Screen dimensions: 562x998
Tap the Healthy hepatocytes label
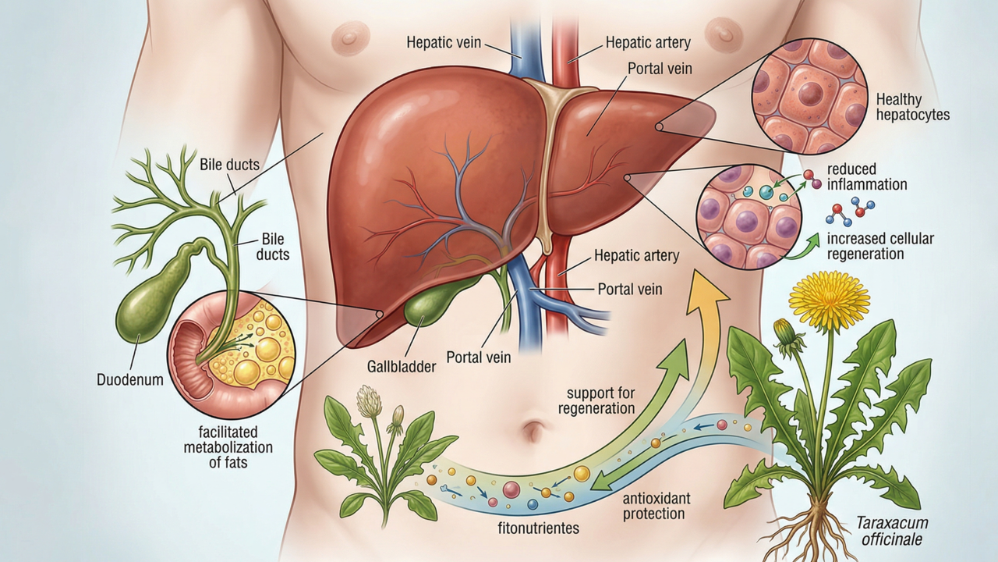tap(912, 107)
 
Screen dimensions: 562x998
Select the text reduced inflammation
tap(867, 177)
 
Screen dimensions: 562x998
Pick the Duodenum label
tap(130, 380)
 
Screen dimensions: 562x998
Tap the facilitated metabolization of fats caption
tap(228, 448)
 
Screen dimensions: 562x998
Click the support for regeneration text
tap(600, 400)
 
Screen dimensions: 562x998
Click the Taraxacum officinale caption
tap(893, 532)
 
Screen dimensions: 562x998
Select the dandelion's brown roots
tap(811, 531)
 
